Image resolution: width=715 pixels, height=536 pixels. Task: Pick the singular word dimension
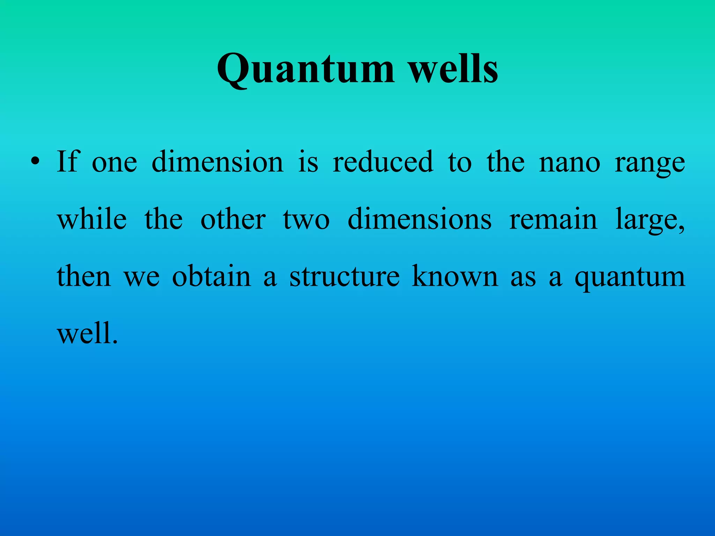coord(218,161)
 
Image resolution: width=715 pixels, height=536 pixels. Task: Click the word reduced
coord(383,161)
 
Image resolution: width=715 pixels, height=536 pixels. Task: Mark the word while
coord(92,219)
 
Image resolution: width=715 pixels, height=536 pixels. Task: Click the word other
coord(233,219)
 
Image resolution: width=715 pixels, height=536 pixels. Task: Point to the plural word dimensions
coord(420,219)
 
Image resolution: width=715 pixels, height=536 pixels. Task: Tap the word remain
coord(553,219)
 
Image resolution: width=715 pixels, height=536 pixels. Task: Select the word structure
coord(345,276)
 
